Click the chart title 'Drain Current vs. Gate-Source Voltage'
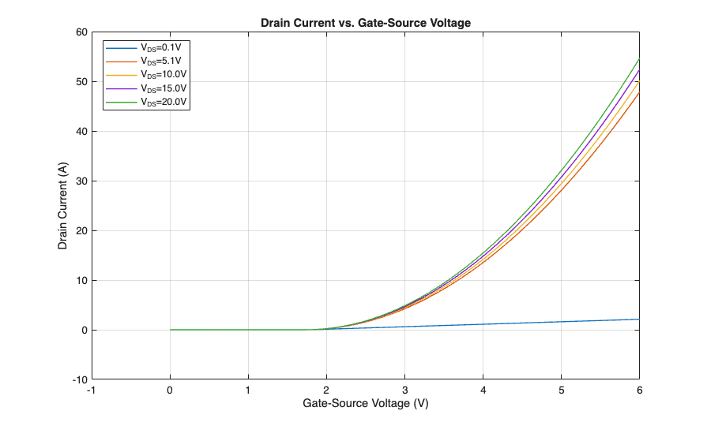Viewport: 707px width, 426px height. tap(366, 23)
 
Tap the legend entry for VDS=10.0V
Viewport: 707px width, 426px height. tap(164, 74)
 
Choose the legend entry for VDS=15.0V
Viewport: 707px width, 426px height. tap(164, 88)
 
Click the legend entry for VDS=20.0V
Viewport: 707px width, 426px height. tap(164, 102)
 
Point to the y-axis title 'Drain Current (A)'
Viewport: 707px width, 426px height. tap(62, 205)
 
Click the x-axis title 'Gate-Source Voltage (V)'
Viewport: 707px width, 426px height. tap(366, 403)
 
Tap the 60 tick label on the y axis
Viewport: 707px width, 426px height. tap(79, 32)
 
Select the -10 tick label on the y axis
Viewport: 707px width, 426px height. tap(77, 379)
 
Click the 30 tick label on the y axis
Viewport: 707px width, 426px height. tap(79, 181)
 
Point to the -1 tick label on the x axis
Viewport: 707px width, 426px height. tap(92, 390)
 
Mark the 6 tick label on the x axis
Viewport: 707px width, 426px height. tap(639, 390)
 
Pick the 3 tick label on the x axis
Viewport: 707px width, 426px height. tap(404, 390)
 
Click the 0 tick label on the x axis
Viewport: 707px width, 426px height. tap(170, 390)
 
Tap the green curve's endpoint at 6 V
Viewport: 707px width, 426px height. tap(639, 59)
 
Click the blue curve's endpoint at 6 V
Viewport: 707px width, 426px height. tap(639, 319)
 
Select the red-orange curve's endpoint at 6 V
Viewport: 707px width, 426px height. tap(639, 92)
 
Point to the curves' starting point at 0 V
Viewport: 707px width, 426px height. tap(170, 330)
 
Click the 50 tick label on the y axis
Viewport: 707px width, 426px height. tap(79, 82)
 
